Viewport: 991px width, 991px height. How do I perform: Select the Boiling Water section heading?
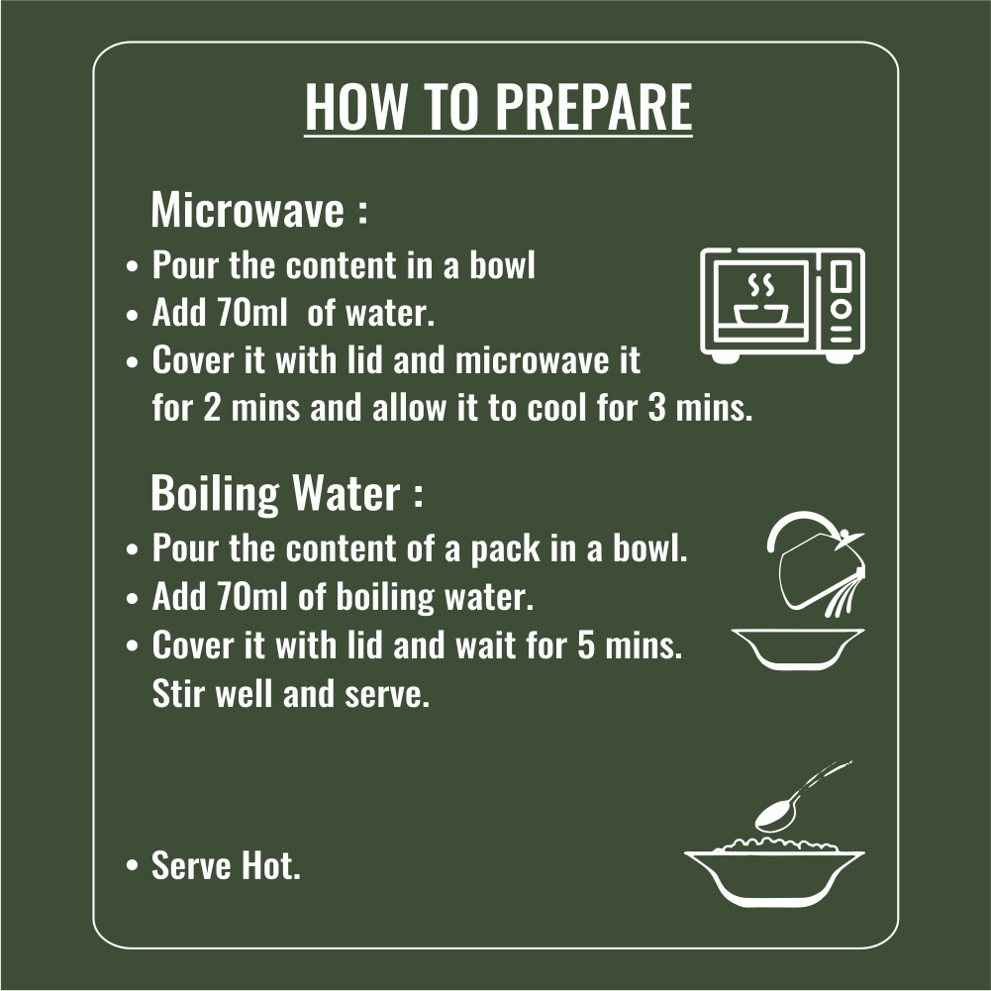(286, 492)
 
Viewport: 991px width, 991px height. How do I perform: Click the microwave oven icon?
(782, 305)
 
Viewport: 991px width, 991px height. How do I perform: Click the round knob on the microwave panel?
(841, 309)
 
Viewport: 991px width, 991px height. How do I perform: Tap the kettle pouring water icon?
(816, 563)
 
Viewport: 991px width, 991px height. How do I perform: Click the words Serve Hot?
(226, 865)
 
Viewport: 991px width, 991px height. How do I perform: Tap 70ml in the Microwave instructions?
(251, 312)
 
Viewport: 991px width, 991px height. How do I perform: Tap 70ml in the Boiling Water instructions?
(251, 596)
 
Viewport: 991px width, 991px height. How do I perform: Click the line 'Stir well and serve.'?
(291, 694)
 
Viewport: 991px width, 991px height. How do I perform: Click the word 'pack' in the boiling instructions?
(505, 548)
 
